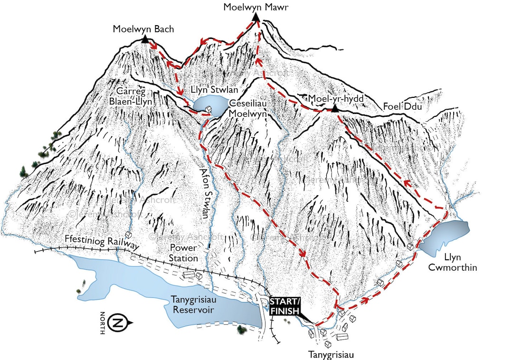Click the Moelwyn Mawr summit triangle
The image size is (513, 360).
click(256, 17)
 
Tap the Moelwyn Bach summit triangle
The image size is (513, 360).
click(144, 39)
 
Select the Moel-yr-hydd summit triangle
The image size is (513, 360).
click(334, 109)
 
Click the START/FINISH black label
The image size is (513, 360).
click(285, 306)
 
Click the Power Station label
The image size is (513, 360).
click(184, 253)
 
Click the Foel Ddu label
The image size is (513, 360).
click(402, 107)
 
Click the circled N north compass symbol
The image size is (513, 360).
click(116, 323)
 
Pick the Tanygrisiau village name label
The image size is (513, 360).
click(331, 354)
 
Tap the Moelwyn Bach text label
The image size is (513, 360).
click(143, 29)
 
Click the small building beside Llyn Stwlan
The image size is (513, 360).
click(208, 110)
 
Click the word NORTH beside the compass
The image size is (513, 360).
click(102, 323)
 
